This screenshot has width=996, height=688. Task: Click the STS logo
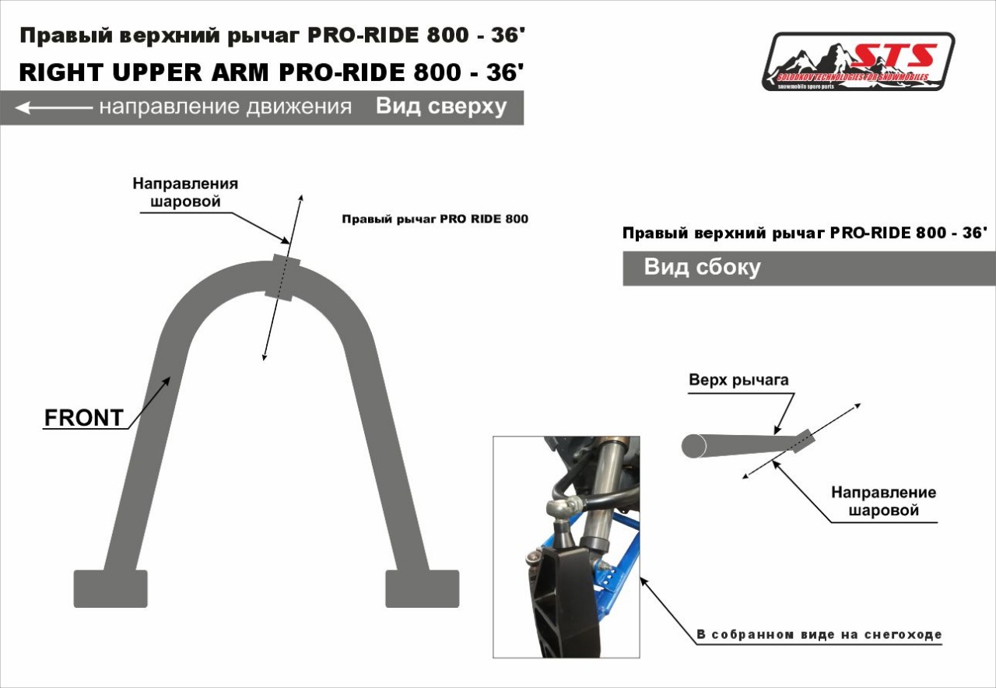(858, 61)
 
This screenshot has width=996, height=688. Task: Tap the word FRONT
(83, 418)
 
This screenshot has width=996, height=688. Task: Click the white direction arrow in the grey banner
(53, 107)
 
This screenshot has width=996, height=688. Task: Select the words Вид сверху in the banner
(441, 107)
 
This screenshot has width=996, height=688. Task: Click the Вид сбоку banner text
(702, 268)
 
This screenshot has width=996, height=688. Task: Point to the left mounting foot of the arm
(110, 588)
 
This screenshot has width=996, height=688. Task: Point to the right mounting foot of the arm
(423, 588)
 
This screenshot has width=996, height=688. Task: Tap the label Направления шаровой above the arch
(185, 192)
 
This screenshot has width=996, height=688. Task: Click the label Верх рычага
(738, 380)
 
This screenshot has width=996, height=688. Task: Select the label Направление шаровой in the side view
(883, 501)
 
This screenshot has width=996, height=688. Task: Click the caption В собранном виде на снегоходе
(819, 635)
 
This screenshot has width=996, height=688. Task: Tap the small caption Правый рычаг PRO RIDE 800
(435, 219)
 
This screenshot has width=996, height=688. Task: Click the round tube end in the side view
(693, 445)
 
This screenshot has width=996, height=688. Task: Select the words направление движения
(225, 107)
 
